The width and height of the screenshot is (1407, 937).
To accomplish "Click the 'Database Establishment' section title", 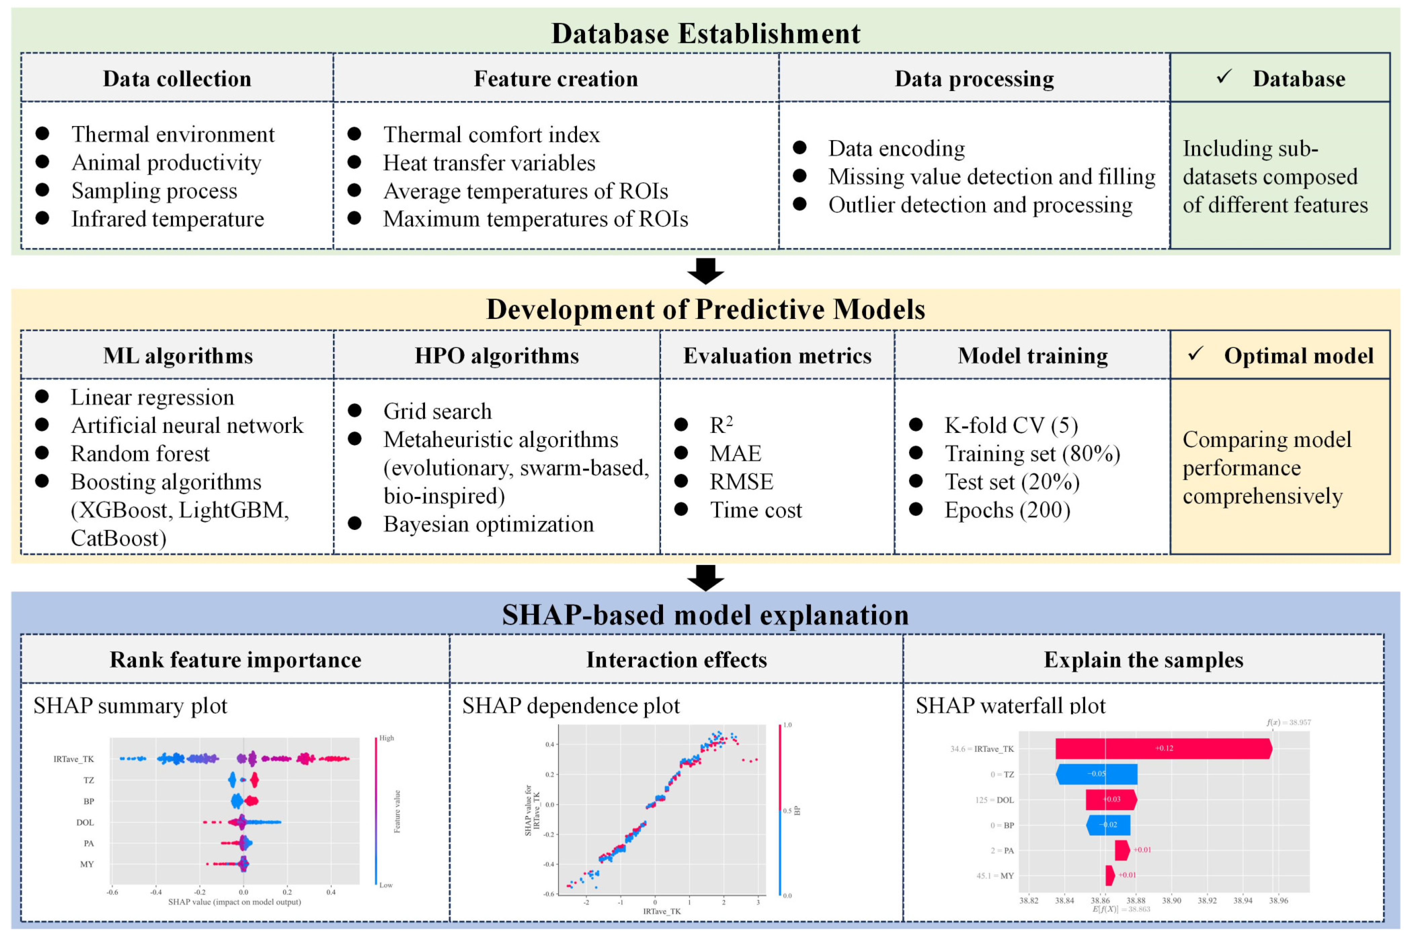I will coord(705,34).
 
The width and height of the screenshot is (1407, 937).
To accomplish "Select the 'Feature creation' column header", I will coord(555,79).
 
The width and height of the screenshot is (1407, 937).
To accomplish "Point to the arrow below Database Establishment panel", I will coord(705,271).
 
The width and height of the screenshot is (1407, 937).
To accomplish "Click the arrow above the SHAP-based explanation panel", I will coord(705,577).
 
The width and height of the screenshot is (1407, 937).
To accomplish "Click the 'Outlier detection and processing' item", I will coord(980,205).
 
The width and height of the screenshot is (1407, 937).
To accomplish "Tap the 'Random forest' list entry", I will coord(140,454).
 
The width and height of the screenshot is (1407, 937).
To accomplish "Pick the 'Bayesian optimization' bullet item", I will coord(488,524).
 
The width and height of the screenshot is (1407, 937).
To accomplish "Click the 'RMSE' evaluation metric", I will coord(741,482).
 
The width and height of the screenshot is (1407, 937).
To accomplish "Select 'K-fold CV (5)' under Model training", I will coord(1011,425).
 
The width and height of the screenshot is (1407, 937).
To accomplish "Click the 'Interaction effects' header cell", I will coord(676,660).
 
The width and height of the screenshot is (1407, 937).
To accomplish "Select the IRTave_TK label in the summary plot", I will coord(74,759).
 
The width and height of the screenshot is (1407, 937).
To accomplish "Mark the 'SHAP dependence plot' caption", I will coord(571,706).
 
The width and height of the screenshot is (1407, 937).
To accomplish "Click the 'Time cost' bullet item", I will coord(755,510).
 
